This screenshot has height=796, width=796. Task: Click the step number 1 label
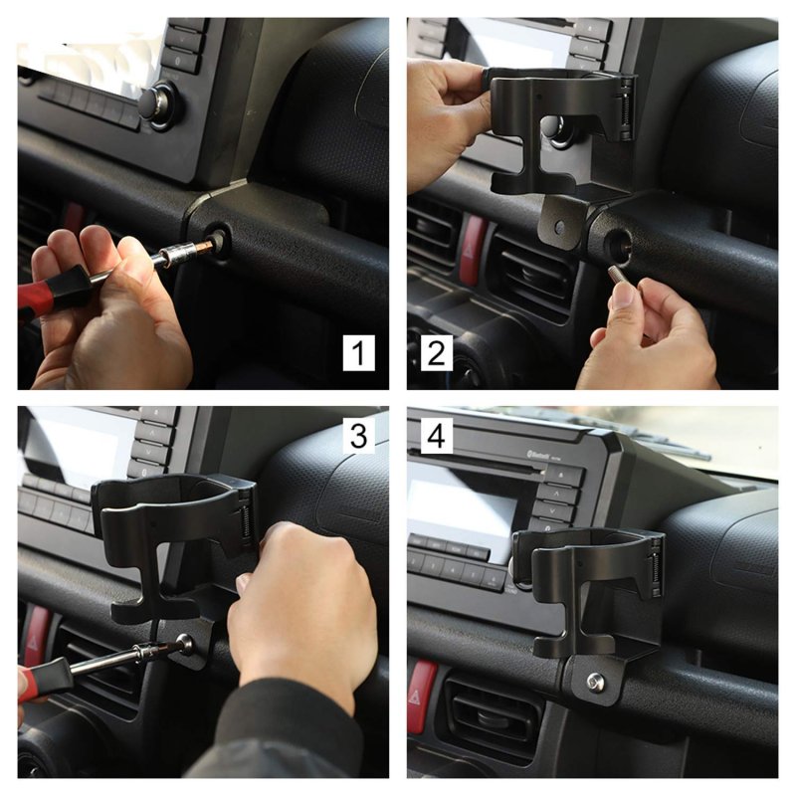tap(358, 352)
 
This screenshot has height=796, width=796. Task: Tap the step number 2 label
tap(436, 352)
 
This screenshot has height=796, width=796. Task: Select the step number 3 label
tap(358, 436)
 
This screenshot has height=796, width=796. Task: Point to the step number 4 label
tap(436, 436)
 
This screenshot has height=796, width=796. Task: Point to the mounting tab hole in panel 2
tap(559, 227)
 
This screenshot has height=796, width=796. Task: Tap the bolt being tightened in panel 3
tap(185, 643)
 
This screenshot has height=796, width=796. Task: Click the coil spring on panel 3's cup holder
tap(245, 521)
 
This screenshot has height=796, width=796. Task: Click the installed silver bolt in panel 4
tap(595, 681)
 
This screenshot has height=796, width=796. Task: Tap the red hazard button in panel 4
tap(422, 696)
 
